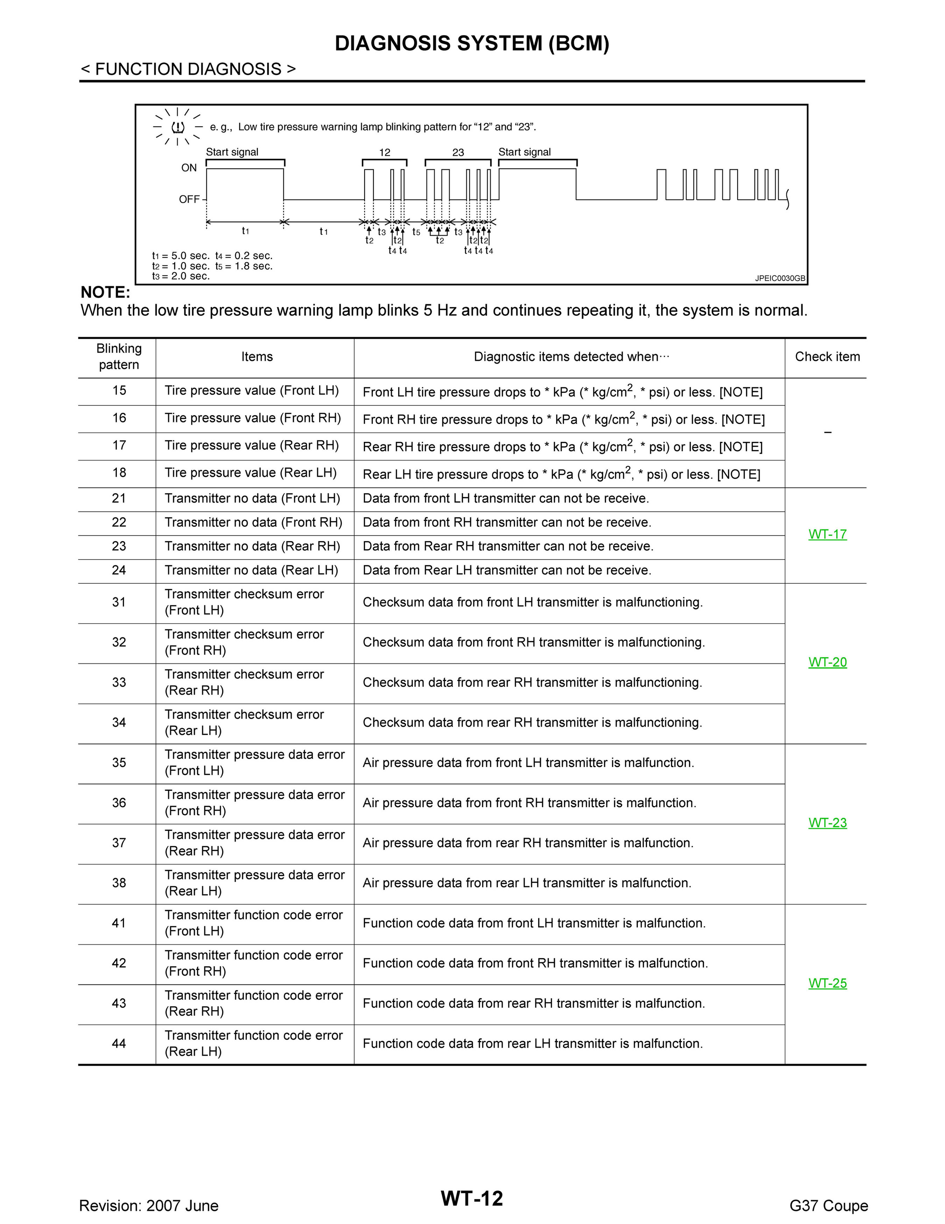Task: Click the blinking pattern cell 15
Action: [119, 391]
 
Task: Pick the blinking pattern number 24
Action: [119, 571]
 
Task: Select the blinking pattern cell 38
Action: [119, 883]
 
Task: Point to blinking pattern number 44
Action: [119, 1044]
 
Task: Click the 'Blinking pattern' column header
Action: [119, 357]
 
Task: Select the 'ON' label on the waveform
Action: [189, 168]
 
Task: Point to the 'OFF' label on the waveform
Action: [189, 200]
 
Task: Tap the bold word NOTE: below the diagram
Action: [105, 293]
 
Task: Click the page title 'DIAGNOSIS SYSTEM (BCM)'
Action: [472, 44]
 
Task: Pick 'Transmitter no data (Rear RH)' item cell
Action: [252, 547]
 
